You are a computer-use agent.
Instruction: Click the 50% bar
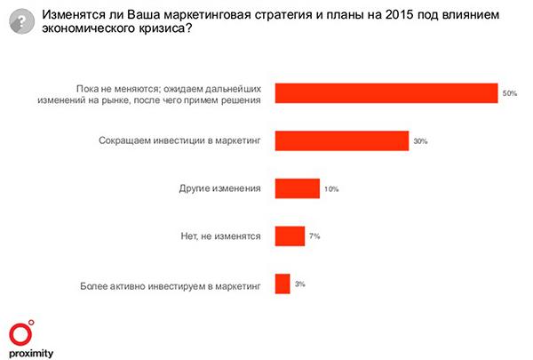pyautogui.click(x=386, y=93)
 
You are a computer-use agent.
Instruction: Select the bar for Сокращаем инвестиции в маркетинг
pyautogui.click(x=342, y=141)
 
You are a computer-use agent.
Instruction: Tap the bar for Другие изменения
pyautogui.click(x=298, y=188)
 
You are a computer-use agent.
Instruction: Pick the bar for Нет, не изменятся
pyautogui.click(x=290, y=236)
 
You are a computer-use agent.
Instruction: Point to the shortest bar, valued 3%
pyautogui.click(x=282, y=284)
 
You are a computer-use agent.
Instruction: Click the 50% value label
pyautogui.click(x=509, y=93)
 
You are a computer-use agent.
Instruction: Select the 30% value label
pyautogui.click(x=420, y=141)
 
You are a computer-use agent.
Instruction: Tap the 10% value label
pyautogui.click(x=331, y=188)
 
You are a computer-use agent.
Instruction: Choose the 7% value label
pyautogui.click(x=314, y=236)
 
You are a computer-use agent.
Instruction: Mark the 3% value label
pyautogui.click(x=299, y=284)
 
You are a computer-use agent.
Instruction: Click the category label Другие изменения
pyautogui.click(x=219, y=188)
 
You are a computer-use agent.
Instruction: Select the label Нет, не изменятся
pyautogui.click(x=219, y=236)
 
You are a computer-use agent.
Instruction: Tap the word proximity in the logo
pyautogui.click(x=31, y=353)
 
